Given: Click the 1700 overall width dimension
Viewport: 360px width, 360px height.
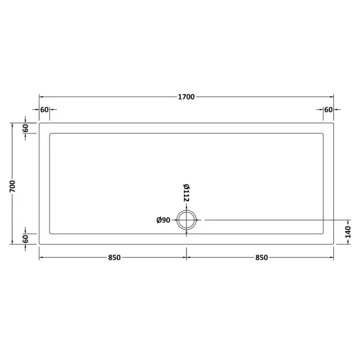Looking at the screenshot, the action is click(x=186, y=97).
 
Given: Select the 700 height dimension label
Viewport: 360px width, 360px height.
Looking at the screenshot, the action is click(x=12, y=186).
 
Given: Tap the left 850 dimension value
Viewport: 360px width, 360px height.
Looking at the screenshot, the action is click(x=115, y=258).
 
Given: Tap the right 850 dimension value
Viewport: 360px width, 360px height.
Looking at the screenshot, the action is click(x=262, y=258).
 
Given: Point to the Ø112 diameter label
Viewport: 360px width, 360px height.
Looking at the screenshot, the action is click(x=186, y=193).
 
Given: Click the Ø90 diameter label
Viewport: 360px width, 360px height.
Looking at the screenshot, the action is click(x=163, y=220).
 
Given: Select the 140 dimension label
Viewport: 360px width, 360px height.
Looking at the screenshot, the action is click(x=348, y=232).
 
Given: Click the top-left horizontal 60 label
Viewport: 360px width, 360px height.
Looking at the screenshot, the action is click(x=45, y=110).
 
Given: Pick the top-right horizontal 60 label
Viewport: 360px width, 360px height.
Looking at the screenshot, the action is click(x=329, y=110).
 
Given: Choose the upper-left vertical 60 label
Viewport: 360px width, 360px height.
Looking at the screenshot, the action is click(x=26, y=128).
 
